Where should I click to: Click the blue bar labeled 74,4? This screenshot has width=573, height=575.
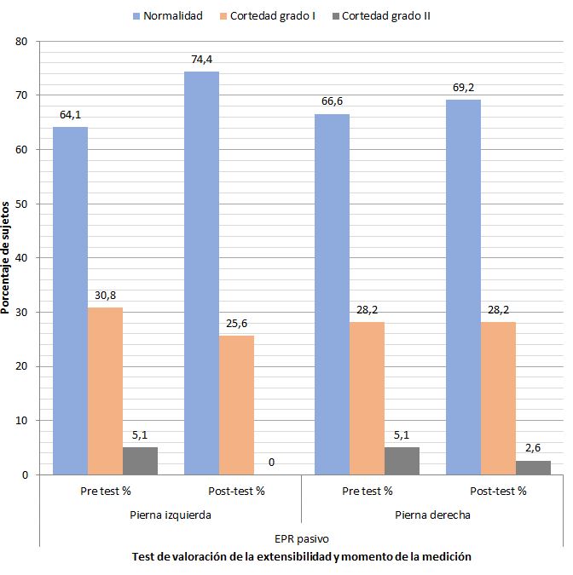click(201, 273)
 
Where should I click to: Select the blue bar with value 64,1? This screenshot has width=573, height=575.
click(71, 301)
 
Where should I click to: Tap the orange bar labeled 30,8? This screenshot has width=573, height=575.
click(106, 391)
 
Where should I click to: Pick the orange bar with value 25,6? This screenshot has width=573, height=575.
click(236, 405)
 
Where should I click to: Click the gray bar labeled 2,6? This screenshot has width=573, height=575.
click(533, 468)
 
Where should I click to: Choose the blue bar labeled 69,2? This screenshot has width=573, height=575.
click(463, 287)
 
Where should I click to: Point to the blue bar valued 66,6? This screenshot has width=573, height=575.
click(333, 295)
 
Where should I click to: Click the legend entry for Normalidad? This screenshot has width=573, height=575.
click(168, 16)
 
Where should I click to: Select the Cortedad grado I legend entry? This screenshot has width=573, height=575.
click(267, 16)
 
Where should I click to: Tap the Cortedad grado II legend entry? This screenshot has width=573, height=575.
click(381, 16)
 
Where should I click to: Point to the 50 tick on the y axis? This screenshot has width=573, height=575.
click(21, 204)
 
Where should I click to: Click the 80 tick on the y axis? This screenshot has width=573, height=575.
click(21, 42)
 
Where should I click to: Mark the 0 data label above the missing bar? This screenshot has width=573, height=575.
click(271, 463)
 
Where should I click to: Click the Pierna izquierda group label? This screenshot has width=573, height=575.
click(171, 515)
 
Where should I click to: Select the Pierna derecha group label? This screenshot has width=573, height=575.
click(432, 515)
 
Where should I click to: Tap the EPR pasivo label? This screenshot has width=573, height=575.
click(302, 538)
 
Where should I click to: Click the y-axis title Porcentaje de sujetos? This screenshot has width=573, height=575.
click(5, 258)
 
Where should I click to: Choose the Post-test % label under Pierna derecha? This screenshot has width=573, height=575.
click(498, 491)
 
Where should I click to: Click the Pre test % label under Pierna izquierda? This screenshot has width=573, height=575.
click(106, 491)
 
